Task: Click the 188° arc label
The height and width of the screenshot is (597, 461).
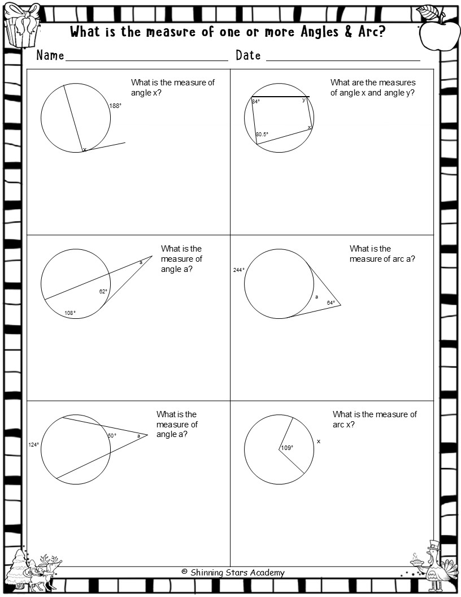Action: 115,106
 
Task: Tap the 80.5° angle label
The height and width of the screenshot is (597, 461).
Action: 262,135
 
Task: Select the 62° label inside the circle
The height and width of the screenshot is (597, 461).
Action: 103,292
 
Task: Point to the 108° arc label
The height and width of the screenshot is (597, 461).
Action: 69,313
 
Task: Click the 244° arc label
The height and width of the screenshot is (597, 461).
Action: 238,270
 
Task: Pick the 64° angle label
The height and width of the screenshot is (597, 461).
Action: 330,303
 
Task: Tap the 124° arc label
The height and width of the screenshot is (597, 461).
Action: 34,445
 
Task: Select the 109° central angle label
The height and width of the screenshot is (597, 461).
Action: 287,448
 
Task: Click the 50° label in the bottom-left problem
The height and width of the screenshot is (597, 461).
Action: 111,436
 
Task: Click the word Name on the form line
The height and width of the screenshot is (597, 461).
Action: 50,55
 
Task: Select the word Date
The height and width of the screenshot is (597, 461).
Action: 248,55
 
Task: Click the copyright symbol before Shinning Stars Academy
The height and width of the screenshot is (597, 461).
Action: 184,572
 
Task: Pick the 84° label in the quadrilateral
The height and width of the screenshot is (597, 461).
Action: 256,102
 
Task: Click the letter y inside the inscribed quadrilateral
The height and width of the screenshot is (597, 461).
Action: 303,99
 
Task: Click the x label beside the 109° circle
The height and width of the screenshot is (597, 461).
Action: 319,441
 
